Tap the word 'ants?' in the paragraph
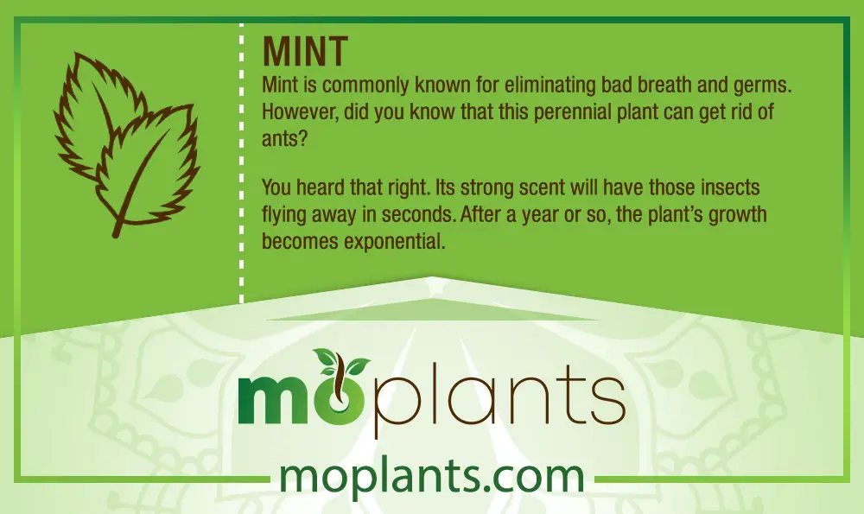[x=283, y=139]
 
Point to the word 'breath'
[x=665, y=86]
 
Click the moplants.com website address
[x=431, y=476]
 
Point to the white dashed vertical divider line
[x=241, y=163]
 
